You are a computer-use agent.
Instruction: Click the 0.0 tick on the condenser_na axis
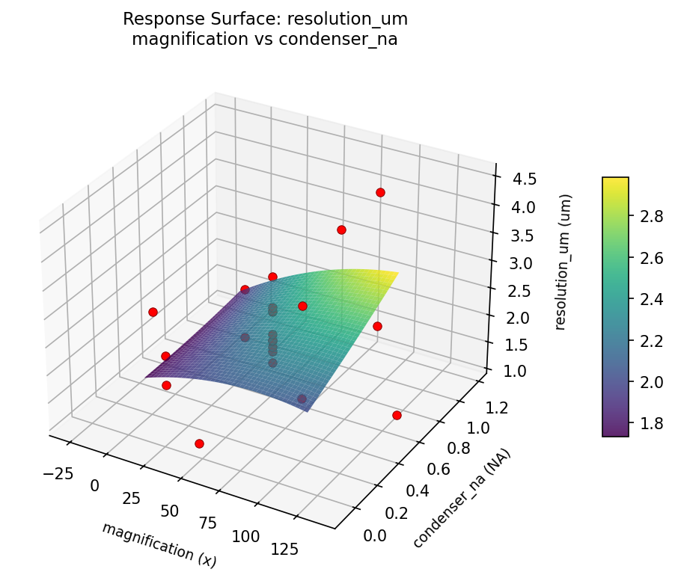click(x=375, y=535)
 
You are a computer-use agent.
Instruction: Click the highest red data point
click(x=380, y=193)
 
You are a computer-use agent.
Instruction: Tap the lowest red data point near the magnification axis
click(x=199, y=443)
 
